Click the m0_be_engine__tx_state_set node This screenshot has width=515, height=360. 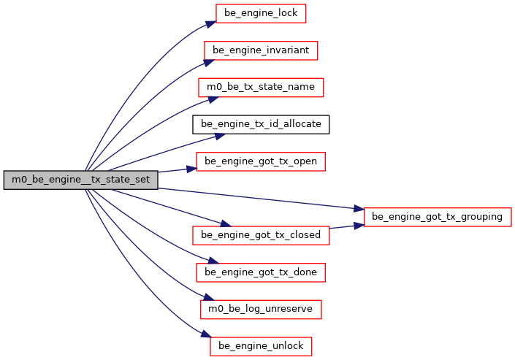80,180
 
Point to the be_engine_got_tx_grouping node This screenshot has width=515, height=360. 437,217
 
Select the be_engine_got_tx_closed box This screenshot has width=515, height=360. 261,235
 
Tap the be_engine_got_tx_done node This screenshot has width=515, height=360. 261,272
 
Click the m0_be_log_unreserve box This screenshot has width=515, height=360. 261,309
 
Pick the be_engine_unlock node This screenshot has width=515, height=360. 261,346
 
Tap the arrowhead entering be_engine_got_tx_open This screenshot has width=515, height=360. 193,168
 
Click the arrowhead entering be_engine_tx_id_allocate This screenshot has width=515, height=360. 218,135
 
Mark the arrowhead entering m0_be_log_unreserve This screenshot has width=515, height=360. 206,299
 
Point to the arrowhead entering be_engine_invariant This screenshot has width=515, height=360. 205,60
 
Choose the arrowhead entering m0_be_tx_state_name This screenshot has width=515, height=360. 207,97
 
